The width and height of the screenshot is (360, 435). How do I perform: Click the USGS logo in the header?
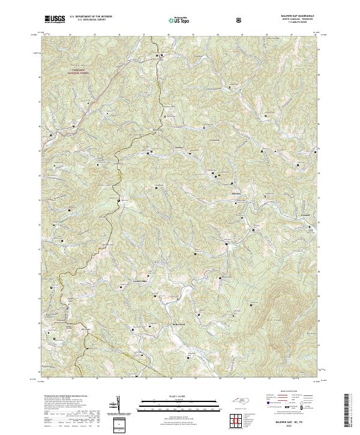[55, 19]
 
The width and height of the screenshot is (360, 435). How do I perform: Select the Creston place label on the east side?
[305, 214]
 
